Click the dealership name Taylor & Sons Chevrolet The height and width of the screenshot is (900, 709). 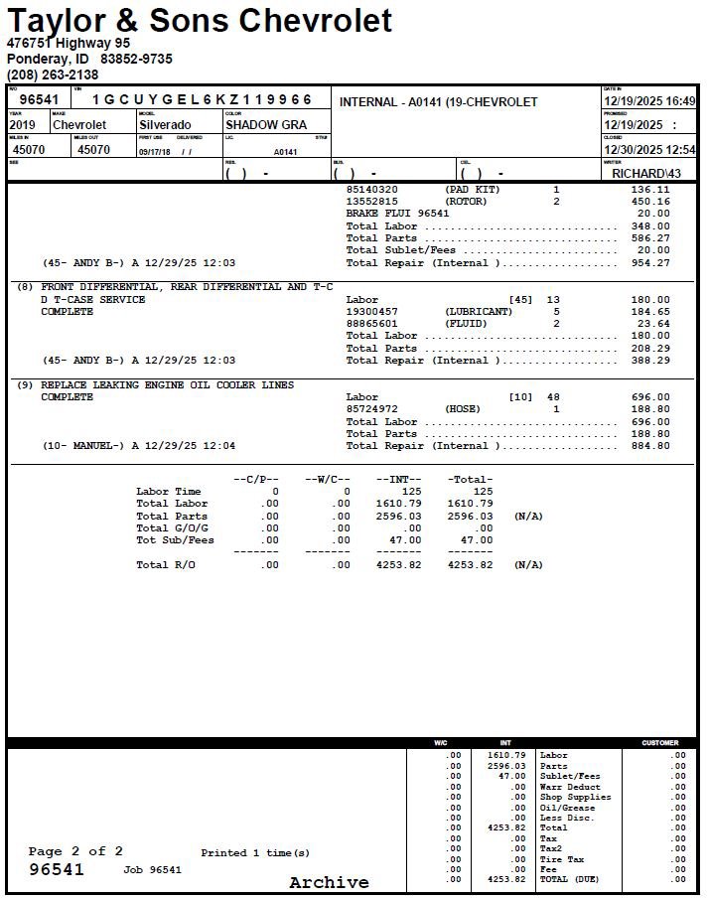tap(200, 20)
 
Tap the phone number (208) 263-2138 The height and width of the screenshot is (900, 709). tap(53, 75)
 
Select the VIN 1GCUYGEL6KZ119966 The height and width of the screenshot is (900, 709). tap(203, 99)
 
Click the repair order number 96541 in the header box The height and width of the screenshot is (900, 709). tap(40, 99)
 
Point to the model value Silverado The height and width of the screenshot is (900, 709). tap(165, 125)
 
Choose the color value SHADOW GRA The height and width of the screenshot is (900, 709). tap(266, 125)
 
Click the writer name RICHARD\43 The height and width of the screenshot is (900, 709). tap(646, 173)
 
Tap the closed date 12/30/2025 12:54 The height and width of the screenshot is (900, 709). tap(649, 149)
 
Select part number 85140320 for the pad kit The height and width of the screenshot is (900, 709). tap(371, 189)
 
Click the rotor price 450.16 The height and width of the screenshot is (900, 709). tap(650, 202)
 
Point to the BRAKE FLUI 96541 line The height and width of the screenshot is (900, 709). tap(397, 214)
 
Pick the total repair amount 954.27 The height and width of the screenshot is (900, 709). tap(650, 263)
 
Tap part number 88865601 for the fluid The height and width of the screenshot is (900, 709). tap(371, 324)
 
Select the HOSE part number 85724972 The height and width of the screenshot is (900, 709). tap(371, 409)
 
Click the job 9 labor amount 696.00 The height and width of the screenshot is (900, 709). tap(650, 397)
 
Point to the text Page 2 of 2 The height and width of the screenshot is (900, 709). tap(76, 851)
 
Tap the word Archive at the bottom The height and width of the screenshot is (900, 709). tap(329, 882)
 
